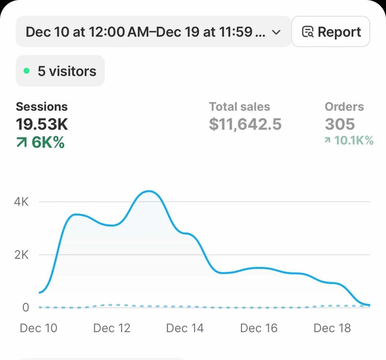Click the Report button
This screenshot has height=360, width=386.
click(331, 32)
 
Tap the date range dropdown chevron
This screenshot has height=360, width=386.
click(276, 32)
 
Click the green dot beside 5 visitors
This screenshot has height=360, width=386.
click(27, 71)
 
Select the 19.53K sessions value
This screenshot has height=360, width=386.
click(42, 124)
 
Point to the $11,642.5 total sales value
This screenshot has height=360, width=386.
click(245, 124)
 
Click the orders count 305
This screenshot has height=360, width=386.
click(340, 124)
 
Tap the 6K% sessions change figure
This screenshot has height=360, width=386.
click(48, 142)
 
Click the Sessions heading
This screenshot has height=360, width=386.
click(42, 106)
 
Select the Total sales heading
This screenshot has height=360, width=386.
click(239, 106)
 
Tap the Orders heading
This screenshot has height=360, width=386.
click(344, 106)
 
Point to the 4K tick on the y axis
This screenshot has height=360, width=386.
click(21, 202)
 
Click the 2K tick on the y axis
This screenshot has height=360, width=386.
click(21, 255)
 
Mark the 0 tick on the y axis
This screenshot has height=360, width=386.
click(26, 307)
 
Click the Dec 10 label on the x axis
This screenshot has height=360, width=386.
click(38, 328)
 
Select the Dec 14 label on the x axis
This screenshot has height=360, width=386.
click(185, 328)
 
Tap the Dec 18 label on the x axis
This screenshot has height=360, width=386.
click(332, 328)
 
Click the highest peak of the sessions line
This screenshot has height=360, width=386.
click(149, 191)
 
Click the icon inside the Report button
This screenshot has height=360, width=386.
click(307, 32)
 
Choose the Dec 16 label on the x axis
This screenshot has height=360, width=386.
click(259, 328)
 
